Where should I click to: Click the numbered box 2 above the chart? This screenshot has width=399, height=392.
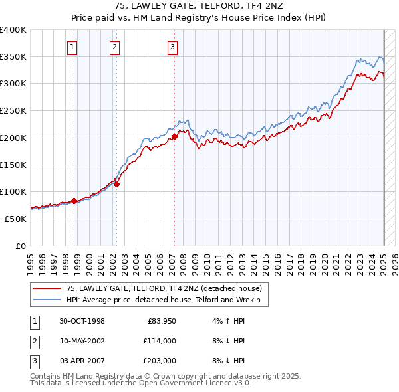click(x=115, y=47)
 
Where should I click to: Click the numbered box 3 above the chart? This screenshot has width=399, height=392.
click(x=172, y=47)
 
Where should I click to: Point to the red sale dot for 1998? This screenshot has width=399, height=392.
click(x=74, y=200)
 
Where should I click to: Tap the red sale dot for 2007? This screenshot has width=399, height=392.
click(x=174, y=136)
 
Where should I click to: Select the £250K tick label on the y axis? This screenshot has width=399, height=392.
click(x=13, y=111)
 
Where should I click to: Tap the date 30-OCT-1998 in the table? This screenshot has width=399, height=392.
click(x=82, y=322)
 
